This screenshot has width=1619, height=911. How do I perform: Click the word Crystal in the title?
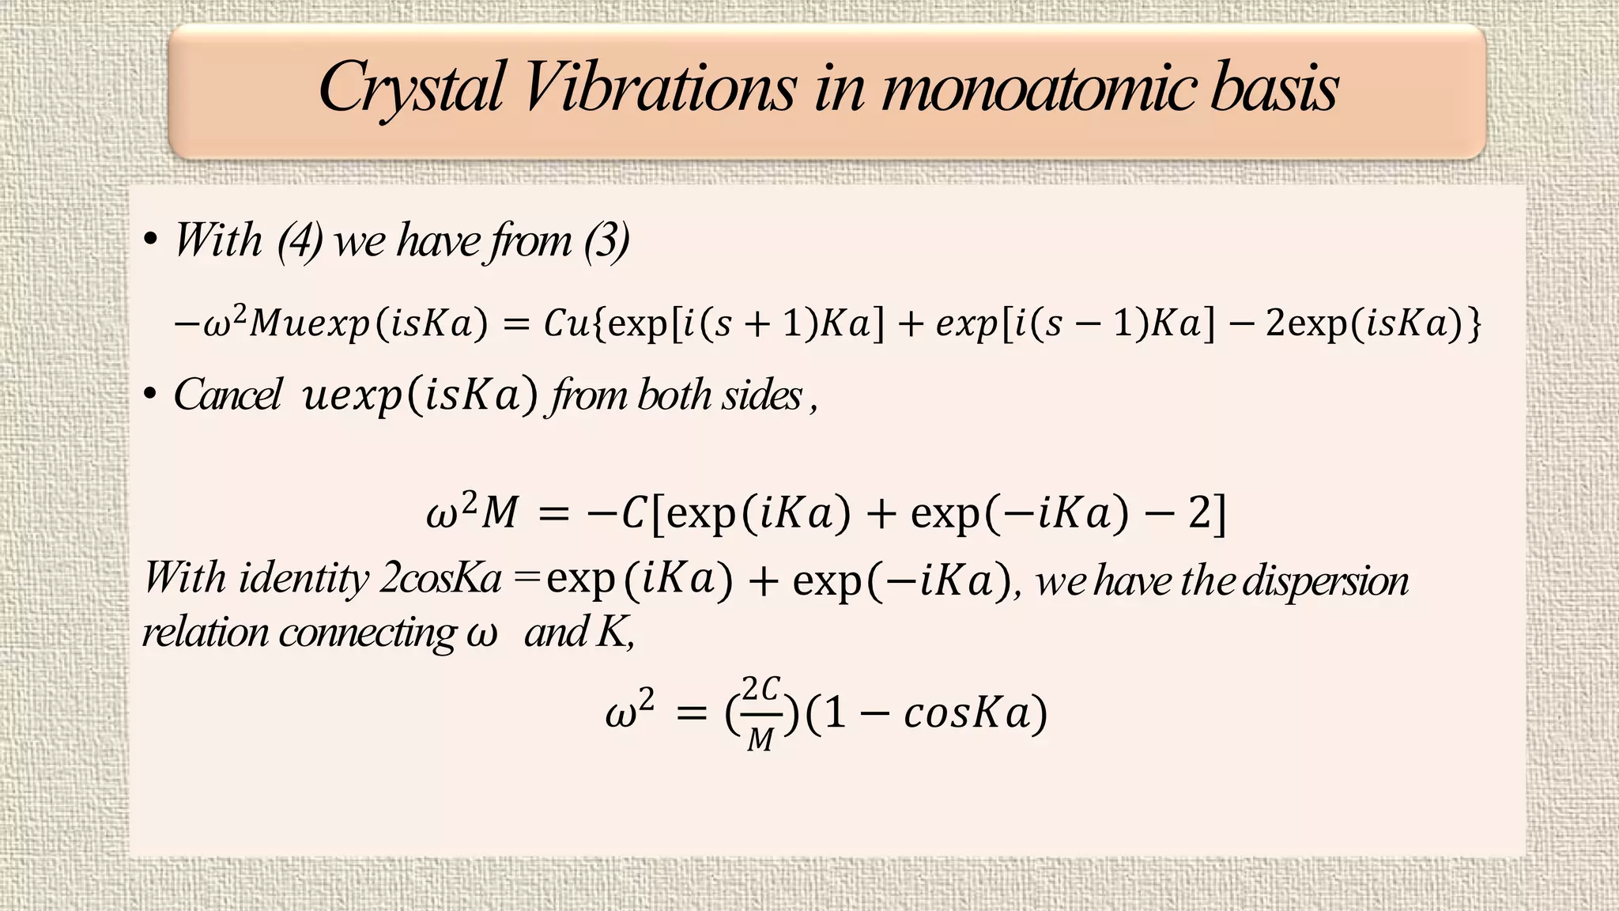coord(411,89)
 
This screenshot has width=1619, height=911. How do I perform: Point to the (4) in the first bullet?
coord(300,240)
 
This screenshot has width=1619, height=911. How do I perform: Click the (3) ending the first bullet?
coord(606,240)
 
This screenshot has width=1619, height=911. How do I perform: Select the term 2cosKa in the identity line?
coord(440,578)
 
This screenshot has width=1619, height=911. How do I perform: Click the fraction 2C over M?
coord(761,713)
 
